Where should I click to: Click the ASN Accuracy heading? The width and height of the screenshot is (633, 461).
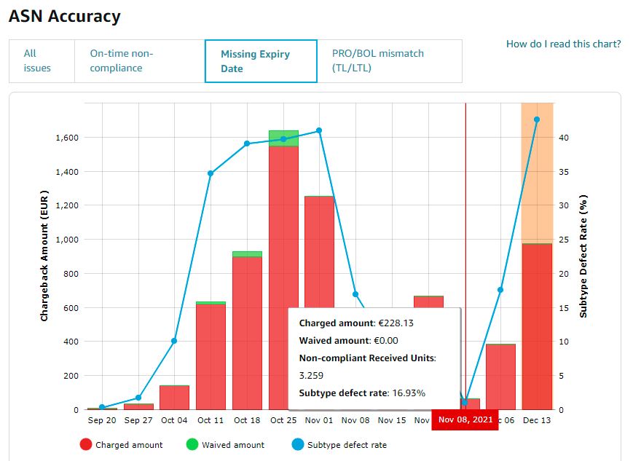click(65, 16)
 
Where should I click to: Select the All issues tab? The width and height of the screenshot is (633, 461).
click(37, 60)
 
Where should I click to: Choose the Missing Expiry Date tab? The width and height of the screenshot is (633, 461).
click(260, 61)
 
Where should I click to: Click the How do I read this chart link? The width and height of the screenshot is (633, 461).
click(563, 44)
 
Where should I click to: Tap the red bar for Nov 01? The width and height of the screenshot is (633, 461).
click(319, 251)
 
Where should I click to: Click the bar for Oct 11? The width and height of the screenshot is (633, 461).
click(211, 357)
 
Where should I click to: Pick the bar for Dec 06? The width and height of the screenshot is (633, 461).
click(500, 377)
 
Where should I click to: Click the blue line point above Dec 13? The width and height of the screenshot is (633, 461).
click(537, 119)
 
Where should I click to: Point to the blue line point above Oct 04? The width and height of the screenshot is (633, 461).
click(174, 341)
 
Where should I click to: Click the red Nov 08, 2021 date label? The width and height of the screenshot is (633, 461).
click(465, 419)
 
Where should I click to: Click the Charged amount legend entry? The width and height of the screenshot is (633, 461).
click(121, 444)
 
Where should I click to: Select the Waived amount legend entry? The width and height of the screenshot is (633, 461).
click(224, 444)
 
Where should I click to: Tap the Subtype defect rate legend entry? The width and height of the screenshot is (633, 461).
click(338, 444)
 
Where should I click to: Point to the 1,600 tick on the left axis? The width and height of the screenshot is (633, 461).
click(66, 138)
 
